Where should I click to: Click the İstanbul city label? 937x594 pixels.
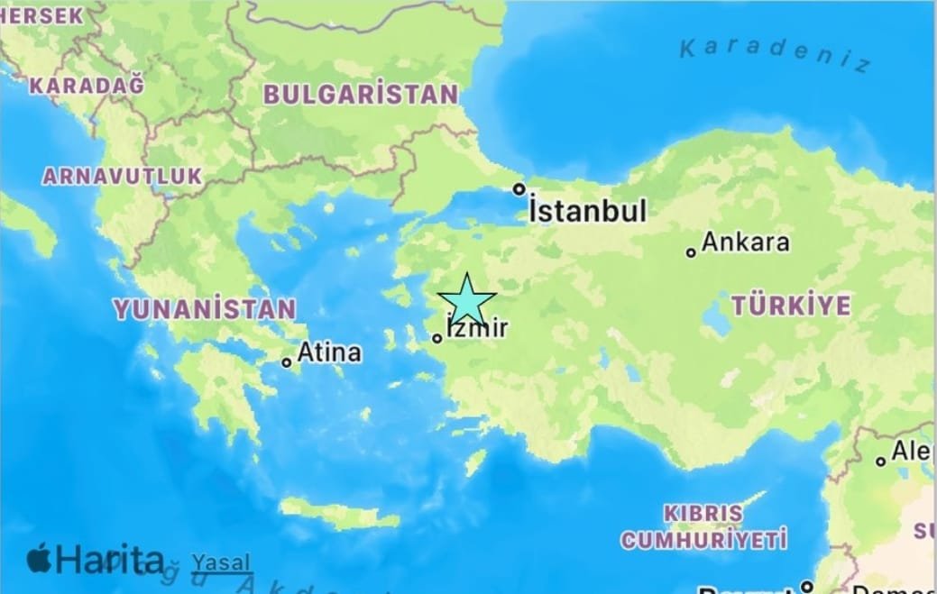point(587,212)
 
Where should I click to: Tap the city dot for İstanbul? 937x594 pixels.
point(519,189)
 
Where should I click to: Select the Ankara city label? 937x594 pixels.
point(745,242)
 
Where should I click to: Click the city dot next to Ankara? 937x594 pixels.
point(691,252)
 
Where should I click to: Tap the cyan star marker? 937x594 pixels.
point(467,302)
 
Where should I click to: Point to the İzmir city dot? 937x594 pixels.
point(437,339)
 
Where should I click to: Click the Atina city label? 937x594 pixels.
point(329,352)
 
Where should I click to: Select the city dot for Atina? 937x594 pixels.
point(287,362)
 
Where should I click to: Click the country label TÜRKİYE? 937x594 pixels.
point(790,306)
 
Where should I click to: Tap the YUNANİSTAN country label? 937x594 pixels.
point(204,309)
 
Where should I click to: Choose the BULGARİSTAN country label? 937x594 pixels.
point(360,94)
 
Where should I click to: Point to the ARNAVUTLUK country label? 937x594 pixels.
point(123,176)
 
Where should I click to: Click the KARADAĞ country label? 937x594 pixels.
point(87,86)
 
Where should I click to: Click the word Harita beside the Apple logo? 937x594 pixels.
point(110,560)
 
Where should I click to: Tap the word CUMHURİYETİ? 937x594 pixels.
point(703,540)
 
